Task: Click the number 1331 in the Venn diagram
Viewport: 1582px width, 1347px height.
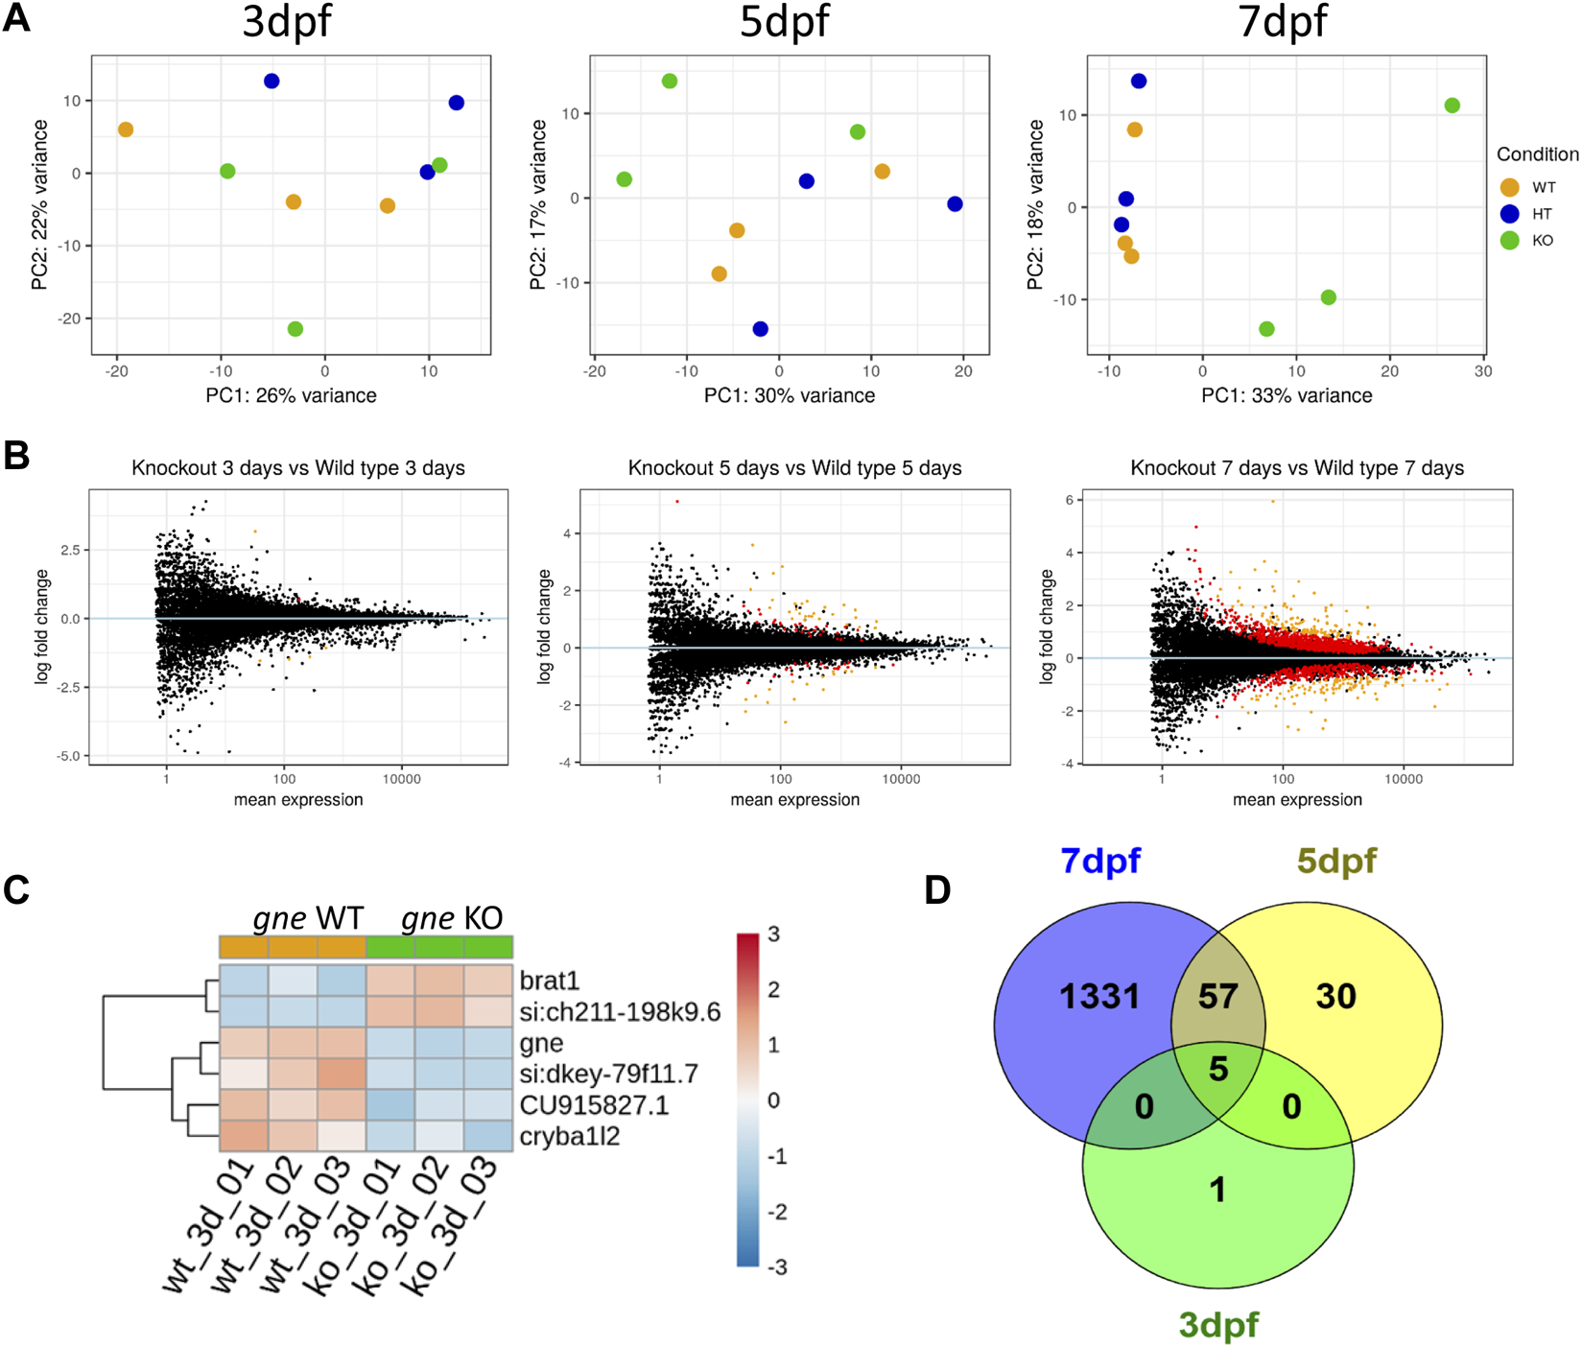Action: (x=1099, y=997)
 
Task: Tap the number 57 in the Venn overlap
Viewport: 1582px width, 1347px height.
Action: (x=1217, y=997)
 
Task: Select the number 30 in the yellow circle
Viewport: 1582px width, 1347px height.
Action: (x=1335, y=997)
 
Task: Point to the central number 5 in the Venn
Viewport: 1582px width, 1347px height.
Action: (x=1218, y=1069)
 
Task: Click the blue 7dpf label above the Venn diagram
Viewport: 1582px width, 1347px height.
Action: (x=1100, y=861)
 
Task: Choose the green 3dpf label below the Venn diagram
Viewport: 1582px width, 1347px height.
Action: (x=1218, y=1325)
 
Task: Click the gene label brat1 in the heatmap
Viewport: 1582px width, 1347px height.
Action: (x=550, y=981)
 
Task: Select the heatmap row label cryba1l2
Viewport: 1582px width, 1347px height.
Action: (x=570, y=1136)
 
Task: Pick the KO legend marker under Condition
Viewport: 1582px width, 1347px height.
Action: (x=1510, y=241)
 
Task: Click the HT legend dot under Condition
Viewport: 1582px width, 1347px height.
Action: (x=1510, y=214)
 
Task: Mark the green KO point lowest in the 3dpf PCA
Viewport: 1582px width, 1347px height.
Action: (x=295, y=329)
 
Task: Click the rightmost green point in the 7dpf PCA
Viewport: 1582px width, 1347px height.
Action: (x=1452, y=106)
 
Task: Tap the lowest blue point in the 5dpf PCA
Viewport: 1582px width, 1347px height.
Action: (x=761, y=329)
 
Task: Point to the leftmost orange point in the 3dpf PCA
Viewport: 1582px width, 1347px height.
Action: (x=126, y=130)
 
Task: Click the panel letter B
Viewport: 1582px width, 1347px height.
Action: (x=16, y=456)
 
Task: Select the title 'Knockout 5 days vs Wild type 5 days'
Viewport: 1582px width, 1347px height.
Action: (x=794, y=468)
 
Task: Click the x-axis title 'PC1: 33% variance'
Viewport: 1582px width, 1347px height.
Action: (x=1287, y=395)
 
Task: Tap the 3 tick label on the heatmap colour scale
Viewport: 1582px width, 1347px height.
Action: (x=774, y=934)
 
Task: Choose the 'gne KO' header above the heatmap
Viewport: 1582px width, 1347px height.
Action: (x=452, y=918)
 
